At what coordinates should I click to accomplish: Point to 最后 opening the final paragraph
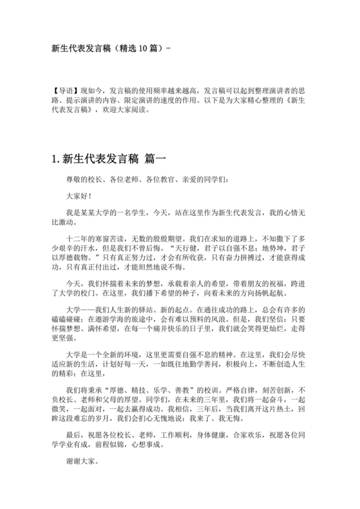point(74,434)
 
